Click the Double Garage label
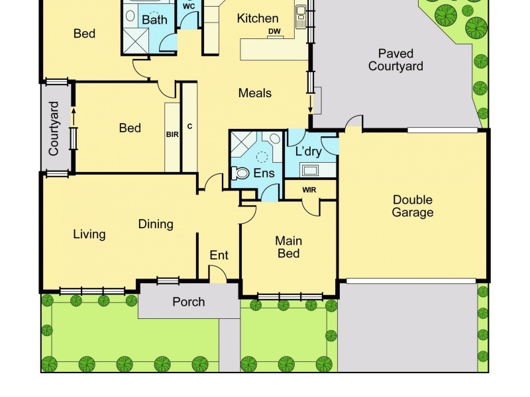[412, 206]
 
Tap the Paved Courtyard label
[396, 60]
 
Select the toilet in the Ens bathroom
[239, 173]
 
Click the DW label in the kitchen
[274, 32]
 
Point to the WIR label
[309, 190]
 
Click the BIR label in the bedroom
[172, 134]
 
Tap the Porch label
[189, 302]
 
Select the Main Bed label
[288, 247]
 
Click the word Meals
[255, 93]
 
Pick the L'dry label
[308, 152]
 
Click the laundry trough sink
[310, 170]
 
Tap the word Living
[89, 234]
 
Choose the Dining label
[156, 224]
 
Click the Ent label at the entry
[219, 255]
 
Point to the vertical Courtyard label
[54, 128]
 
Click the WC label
[188, 6]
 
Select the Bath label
[154, 20]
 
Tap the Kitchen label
[258, 18]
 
